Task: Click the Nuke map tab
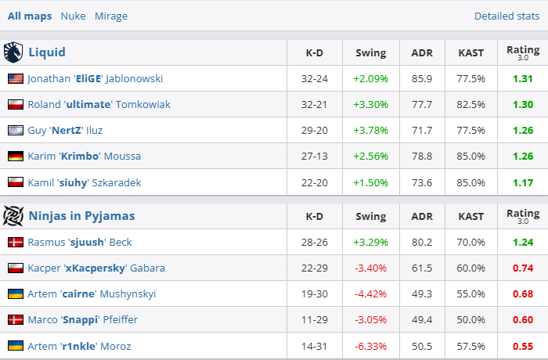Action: click(73, 16)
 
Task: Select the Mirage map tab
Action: click(111, 16)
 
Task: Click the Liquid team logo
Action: click(14, 52)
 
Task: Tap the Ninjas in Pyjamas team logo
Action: click(14, 216)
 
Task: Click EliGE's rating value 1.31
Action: click(522, 79)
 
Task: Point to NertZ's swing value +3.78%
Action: click(370, 131)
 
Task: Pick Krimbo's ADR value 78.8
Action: click(422, 157)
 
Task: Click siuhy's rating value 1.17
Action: click(522, 182)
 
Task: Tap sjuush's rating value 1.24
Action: click(522, 243)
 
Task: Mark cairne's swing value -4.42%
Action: click(370, 294)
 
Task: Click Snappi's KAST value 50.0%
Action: click(471, 320)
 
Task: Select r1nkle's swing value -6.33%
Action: click(370, 346)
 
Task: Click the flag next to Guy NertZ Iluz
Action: click(16, 131)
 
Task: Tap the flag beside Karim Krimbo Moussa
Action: click(16, 157)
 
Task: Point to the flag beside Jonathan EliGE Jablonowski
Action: click(16, 79)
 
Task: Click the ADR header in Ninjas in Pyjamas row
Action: click(422, 217)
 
